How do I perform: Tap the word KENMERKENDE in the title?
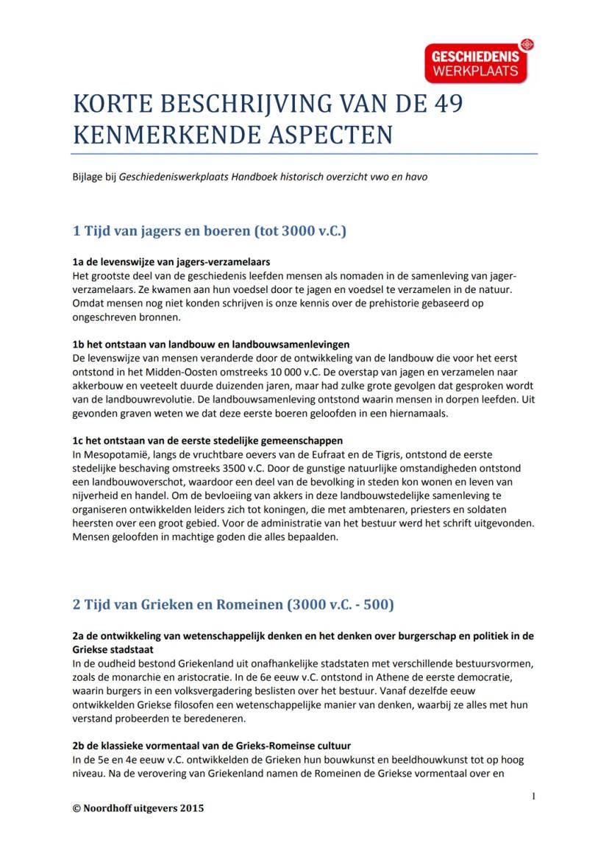pyautogui.click(x=152, y=135)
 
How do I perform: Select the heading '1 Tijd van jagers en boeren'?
pyautogui.click(x=210, y=231)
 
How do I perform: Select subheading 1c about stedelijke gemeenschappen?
pyautogui.click(x=207, y=441)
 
